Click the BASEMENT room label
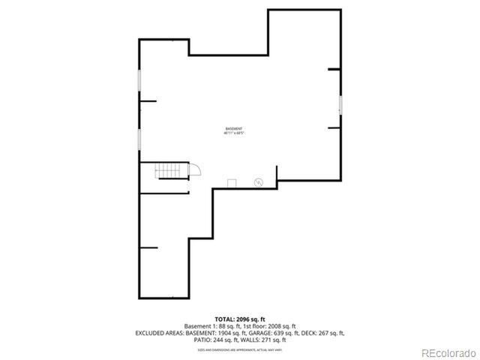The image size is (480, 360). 234,128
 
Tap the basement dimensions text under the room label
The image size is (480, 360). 234,133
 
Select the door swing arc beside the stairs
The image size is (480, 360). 193,170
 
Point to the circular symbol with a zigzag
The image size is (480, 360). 258,182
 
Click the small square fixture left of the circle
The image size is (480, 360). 232,183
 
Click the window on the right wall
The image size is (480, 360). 340,106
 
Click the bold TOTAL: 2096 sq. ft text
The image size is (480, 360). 239,319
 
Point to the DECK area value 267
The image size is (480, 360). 328,333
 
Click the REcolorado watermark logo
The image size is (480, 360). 447,352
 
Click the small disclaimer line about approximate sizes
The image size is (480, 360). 239,349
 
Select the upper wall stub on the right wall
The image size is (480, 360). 334,70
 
